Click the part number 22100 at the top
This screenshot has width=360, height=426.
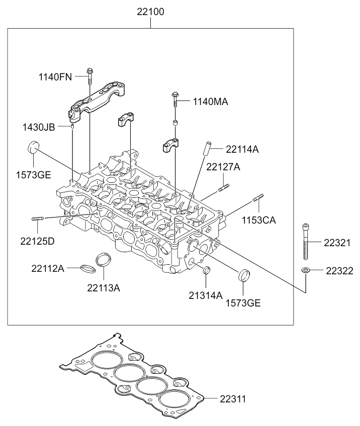(x=150, y=12)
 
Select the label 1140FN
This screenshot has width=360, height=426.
(x=55, y=77)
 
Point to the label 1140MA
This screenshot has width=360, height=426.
(x=211, y=102)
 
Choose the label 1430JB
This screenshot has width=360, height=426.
(x=39, y=127)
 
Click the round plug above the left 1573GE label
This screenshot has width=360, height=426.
(x=34, y=147)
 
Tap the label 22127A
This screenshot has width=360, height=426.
(x=223, y=167)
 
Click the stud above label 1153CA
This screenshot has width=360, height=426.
(x=258, y=198)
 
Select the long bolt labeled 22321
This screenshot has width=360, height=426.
(x=306, y=242)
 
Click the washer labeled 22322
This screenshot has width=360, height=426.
(x=306, y=270)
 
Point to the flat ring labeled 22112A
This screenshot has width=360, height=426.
(x=88, y=269)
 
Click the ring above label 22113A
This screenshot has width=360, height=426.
(x=104, y=259)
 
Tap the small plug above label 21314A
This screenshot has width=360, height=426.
(x=207, y=270)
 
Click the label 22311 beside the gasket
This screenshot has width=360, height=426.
(x=233, y=399)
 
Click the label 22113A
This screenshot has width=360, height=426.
(x=104, y=288)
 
